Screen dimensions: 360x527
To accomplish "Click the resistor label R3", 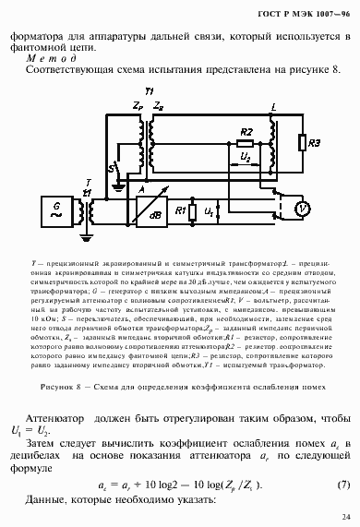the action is coord(315,145).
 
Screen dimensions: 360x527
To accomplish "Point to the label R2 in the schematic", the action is coord(246,132).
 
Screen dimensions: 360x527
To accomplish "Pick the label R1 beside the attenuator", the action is coord(181,211).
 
